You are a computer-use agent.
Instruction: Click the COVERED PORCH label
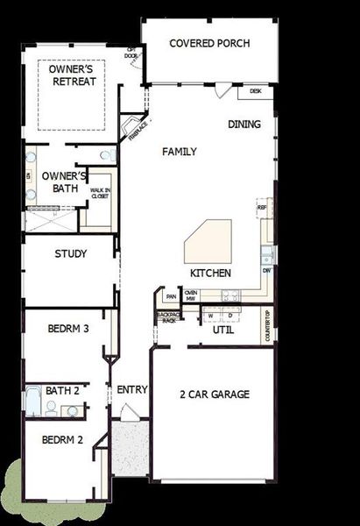(209, 44)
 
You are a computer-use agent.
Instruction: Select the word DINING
(244, 124)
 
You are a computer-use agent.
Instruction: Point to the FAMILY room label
(180, 152)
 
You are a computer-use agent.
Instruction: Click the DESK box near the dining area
(256, 90)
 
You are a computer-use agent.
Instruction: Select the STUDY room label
(70, 254)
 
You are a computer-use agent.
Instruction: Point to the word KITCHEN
(210, 274)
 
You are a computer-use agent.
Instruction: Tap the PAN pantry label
(172, 296)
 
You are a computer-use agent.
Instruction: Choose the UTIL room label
(222, 331)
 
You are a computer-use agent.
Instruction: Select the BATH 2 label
(63, 391)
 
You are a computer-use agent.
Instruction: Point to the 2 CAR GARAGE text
(215, 394)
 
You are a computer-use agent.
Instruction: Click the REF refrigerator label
(261, 208)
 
